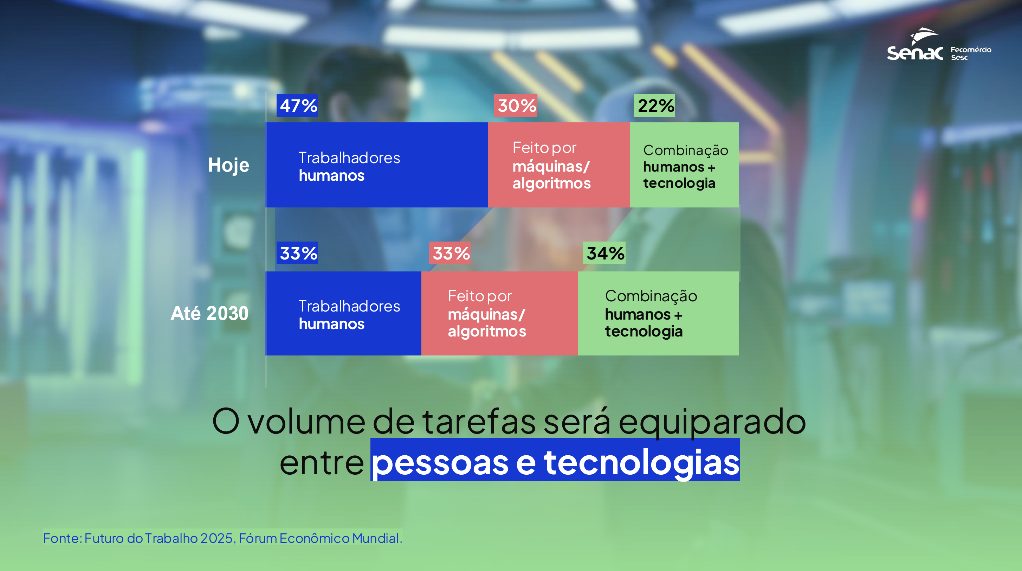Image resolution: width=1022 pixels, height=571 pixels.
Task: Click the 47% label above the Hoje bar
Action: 297,105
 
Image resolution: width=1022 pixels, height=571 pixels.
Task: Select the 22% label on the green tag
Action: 655,105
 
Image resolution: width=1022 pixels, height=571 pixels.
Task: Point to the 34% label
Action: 604,253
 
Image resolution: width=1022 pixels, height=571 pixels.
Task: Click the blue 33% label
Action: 297,253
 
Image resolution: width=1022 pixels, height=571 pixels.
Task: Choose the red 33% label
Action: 449,253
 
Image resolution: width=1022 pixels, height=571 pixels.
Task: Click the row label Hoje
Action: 228,165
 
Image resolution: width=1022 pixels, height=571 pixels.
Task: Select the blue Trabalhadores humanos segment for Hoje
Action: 377,165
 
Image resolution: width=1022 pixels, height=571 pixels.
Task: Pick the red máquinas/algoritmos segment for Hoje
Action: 558,165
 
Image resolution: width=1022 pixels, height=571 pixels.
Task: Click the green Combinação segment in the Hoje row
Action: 684,165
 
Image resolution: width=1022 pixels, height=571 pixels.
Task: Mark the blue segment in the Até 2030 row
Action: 344,314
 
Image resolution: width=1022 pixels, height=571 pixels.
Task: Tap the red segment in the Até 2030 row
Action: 499,314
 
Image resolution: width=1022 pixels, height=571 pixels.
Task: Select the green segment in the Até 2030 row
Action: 659,314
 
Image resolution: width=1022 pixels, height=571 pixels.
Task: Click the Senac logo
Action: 915,44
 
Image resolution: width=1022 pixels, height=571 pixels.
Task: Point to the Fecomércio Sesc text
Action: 971,53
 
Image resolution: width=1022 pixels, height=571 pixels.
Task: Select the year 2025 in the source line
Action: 216,538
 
